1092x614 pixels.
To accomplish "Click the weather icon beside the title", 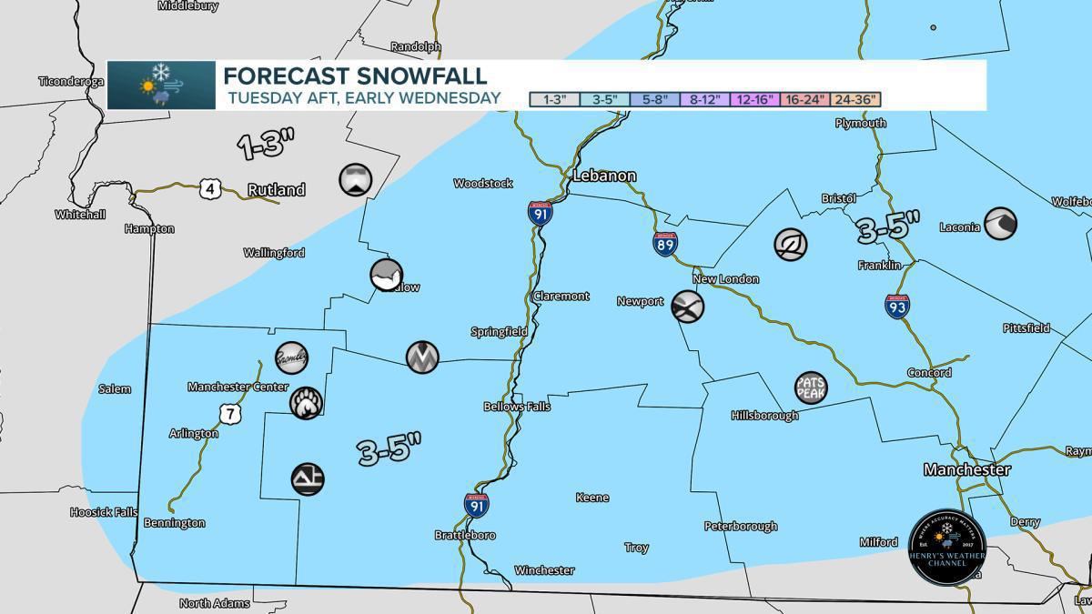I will [x=161, y=86].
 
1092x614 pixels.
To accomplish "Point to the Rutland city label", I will [x=277, y=190].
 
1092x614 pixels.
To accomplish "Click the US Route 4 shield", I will [x=209, y=188].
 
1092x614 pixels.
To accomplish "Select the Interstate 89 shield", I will [x=664, y=243].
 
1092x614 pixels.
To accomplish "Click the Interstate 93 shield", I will [x=896, y=306].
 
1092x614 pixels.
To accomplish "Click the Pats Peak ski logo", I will [x=810, y=388].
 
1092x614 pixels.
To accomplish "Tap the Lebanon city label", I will [x=604, y=176].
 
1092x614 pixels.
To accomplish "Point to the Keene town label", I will [x=592, y=498].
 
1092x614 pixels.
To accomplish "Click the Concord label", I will [x=929, y=373].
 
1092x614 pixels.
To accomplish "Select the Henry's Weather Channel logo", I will [x=946, y=548].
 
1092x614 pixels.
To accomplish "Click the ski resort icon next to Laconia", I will [x=1000, y=223].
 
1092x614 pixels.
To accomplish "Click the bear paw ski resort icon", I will [x=305, y=402].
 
